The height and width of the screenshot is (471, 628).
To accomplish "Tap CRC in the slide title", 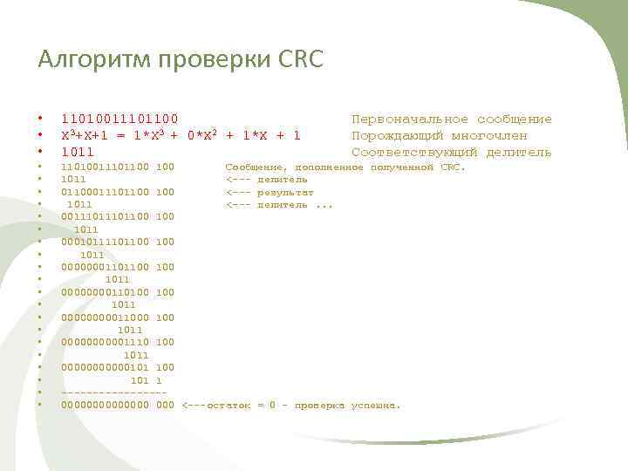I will coord(301,59).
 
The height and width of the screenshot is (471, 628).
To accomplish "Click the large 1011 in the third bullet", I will coord(78,153).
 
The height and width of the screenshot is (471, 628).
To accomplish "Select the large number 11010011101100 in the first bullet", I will coord(119,119).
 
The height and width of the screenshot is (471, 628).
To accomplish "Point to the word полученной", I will coord(401,166).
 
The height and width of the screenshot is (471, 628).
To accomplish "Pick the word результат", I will coord(285,191).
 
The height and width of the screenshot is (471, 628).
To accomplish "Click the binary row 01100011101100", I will coord(105,191).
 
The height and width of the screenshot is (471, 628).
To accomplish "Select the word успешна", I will coord(375,406).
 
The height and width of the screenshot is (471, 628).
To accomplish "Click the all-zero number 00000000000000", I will coord(105,406).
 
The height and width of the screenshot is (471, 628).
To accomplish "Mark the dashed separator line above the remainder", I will coord(113,393).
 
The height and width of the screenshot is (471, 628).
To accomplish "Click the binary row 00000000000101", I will coord(105,368).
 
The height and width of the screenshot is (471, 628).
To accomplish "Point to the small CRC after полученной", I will coord(453,166).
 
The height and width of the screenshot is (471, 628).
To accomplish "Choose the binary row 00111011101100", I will coord(105,216).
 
